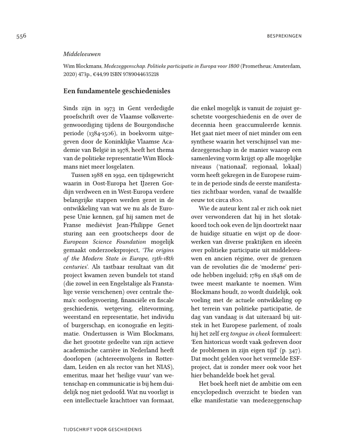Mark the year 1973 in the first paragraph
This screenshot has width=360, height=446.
[x=110, y=108]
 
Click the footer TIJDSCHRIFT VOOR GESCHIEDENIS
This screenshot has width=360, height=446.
[x=102, y=429]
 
